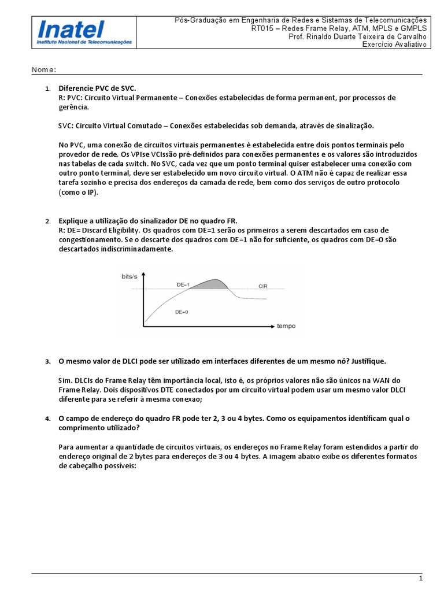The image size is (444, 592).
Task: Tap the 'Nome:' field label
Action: pyautogui.click(x=43, y=70)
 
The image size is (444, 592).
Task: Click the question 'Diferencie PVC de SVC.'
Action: pyautogui.click(x=97, y=88)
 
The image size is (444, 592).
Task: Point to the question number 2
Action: pyautogui.click(x=47, y=221)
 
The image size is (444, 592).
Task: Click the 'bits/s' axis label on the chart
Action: pyautogui.click(x=129, y=277)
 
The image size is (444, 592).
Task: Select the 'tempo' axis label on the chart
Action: pyautogui.click(x=286, y=326)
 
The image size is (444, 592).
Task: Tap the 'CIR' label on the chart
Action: pyautogui.click(x=263, y=286)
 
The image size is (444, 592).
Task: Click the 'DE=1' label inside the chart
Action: pyautogui.click(x=183, y=284)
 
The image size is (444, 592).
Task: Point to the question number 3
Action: pyautogui.click(x=47, y=362)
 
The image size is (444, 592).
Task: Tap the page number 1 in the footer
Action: pyautogui.click(x=420, y=578)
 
